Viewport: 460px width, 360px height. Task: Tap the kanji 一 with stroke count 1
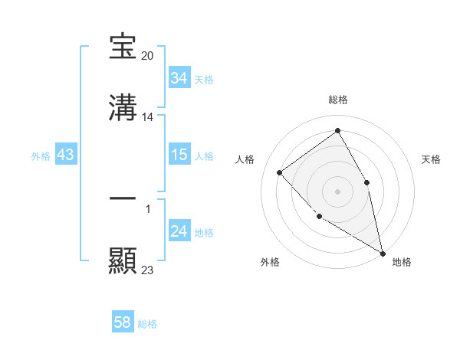(123, 198)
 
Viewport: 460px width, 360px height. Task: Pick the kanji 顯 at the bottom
(123, 260)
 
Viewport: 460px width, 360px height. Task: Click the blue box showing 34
(179, 78)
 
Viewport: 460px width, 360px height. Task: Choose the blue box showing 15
(179, 155)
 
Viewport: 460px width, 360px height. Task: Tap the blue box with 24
(179, 231)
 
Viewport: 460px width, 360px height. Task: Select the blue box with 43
(66, 155)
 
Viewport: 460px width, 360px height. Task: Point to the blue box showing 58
(122, 322)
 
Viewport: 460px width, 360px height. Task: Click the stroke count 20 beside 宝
(149, 56)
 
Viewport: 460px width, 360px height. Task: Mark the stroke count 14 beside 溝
(149, 117)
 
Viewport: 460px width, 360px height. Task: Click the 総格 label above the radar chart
(338, 100)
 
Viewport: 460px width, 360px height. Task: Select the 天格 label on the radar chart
(432, 159)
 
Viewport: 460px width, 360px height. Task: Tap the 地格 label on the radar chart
(402, 262)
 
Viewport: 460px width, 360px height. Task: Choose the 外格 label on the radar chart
(270, 262)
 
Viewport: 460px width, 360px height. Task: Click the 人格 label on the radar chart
(245, 159)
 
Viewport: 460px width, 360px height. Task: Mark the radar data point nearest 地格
(383, 253)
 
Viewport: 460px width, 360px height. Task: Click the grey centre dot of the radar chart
(337, 191)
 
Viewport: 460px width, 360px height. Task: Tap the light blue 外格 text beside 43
(41, 155)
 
